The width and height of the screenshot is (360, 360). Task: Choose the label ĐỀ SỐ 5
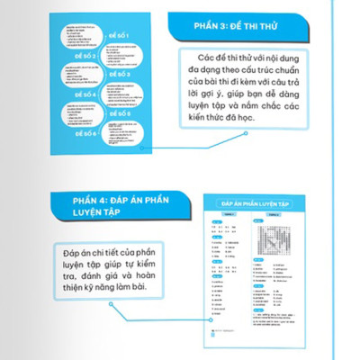(x=121, y=114)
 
